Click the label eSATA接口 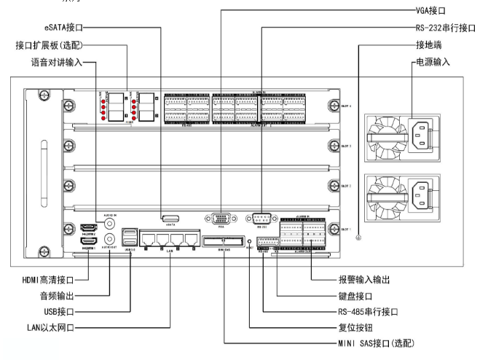(x=63, y=27)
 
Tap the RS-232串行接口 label (x=441, y=27)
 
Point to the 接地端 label (x=430, y=45)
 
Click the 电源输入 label (x=433, y=63)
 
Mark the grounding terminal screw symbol (x=358, y=238)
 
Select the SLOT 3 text (x=345, y=146)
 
